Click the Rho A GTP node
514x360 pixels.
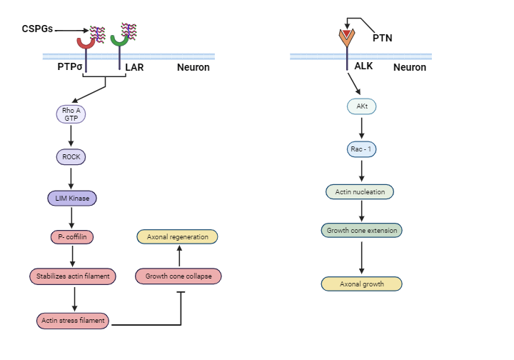pyautogui.click(x=71, y=114)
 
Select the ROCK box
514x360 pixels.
pyautogui.click(x=71, y=157)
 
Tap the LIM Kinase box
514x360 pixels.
pyautogui.click(x=71, y=198)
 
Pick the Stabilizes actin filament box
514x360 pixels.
pyautogui.click(x=72, y=276)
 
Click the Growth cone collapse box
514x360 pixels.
pyautogui.click(x=178, y=276)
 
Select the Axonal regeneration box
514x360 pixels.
pyautogui.click(x=177, y=236)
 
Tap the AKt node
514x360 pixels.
pyautogui.click(x=362, y=106)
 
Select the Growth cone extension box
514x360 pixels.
pyautogui.click(x=361, y=231)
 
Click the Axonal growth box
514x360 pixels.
pyautogui.click(x=361, y=284)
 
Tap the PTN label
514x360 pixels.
pyautogui.click(x=383, y=37)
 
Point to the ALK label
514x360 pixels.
pyautogui.click(x=364, y=66)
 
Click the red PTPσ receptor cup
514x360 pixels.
pyautogui.click(x=86, y=41)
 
